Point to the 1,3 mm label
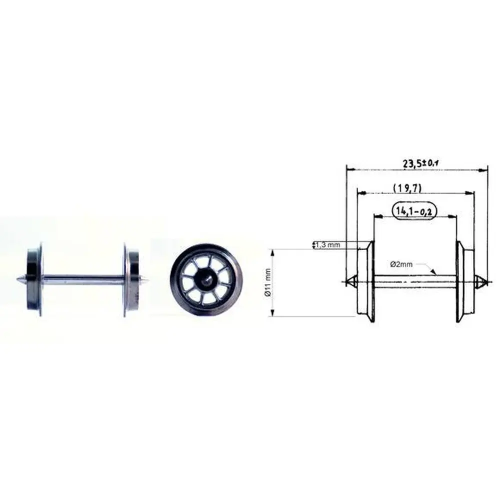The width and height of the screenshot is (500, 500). click(x=328, y=244)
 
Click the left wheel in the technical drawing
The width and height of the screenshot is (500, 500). click(x=365, y=281)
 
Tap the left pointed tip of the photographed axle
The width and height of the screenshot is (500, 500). click(x=20, y=279)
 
